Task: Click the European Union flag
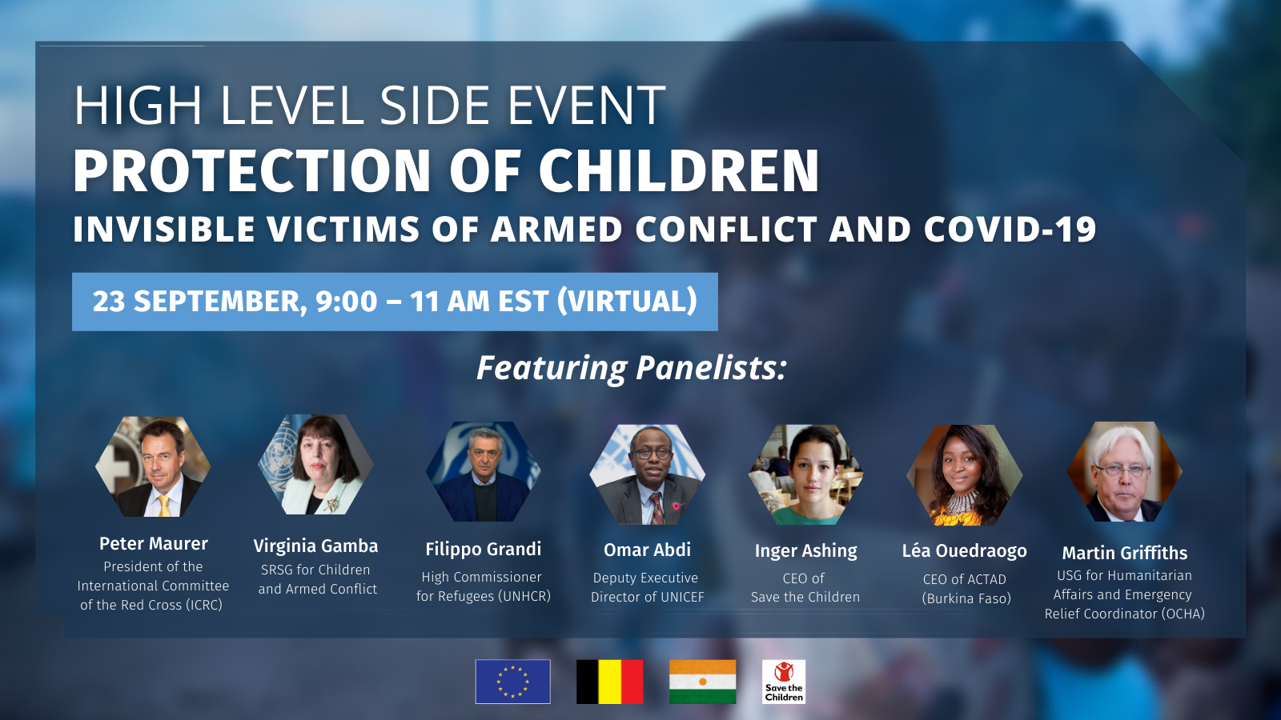tap(512, 681)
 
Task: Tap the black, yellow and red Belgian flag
tap(609, 682)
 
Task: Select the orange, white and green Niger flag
tap(703, 682)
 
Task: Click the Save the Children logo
tap(784, 682)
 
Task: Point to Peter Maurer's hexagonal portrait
tap(153, 466)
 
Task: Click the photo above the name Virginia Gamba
tap(315, 464)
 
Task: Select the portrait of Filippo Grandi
tap(484, 471)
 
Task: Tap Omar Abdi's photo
tap(648, 474)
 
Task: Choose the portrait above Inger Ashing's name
tap(805, 474)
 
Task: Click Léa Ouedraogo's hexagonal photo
tap(964, 475)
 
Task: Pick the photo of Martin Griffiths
tap(1124, 471)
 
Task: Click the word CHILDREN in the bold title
tap(679, 170)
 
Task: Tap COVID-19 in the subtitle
tap(1010, 229)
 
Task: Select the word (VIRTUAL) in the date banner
tap(628, 301)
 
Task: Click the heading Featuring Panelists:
tap(632, 367)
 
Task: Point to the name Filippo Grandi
tap(484, 549)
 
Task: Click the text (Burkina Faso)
tap(966, 598)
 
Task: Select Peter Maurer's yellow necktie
tap(164, 506)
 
